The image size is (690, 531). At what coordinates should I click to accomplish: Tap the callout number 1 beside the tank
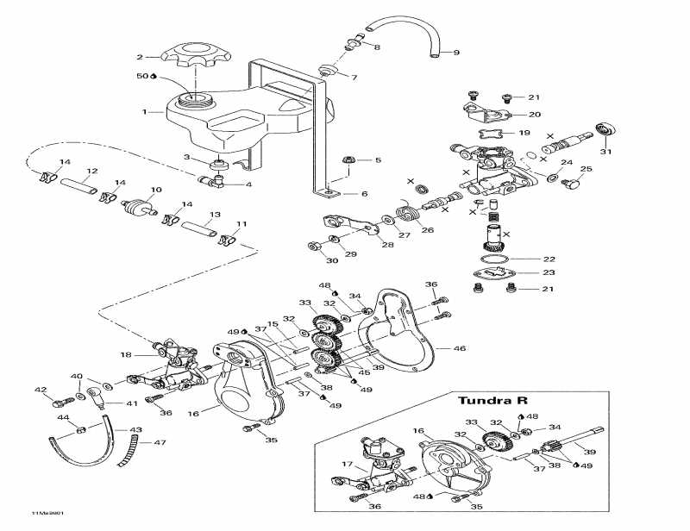click(147, 112)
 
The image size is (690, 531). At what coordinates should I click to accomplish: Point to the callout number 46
click(460, 348)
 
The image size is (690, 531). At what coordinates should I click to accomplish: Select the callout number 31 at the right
click(605, 153)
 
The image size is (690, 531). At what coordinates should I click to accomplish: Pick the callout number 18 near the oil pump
click(127, 355)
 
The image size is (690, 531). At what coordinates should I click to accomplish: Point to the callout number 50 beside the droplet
click(141, 76)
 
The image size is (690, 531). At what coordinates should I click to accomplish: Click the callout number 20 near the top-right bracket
click(534, 114)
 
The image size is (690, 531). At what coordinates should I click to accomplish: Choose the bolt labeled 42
click(61, 402)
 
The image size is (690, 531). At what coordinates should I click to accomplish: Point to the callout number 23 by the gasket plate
click(549, 272)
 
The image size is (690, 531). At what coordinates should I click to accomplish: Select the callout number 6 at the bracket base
click(365, 194)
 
